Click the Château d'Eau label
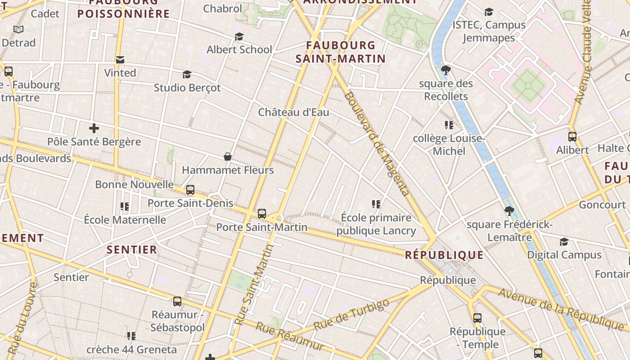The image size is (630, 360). tap(293, 112)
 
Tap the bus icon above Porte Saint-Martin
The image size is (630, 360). tap(262, 214)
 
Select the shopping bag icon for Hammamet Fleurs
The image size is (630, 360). tap(228, 157)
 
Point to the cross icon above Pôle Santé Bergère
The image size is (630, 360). tap(94, 128)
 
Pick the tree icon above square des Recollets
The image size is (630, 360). tap(446, 70)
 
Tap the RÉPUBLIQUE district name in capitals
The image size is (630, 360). tap(444, 255)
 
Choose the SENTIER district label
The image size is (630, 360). tap(132, 249)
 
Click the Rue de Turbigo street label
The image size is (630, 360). tap(351, 314)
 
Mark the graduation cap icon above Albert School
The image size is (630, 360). tap(239, 36)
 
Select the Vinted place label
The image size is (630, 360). tap(120, 72)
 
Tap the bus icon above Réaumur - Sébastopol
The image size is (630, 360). tap(177, 301)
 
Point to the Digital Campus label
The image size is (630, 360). tap(564, 255)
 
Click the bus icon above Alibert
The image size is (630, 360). tap(572, 136)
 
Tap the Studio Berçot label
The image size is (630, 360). tap(187, 87)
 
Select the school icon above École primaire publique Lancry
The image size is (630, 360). tap(376, 204)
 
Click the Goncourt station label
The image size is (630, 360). tap(602, 205)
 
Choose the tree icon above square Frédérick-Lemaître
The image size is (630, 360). tap(509, 211)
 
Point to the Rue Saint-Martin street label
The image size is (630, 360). tap(255, 284)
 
